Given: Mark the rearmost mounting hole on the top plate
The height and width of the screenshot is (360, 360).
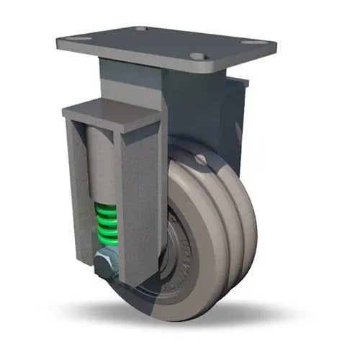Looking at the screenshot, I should click(x=141, y=29).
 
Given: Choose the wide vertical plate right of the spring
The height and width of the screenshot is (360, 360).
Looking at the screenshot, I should click(x=141, y=202).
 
